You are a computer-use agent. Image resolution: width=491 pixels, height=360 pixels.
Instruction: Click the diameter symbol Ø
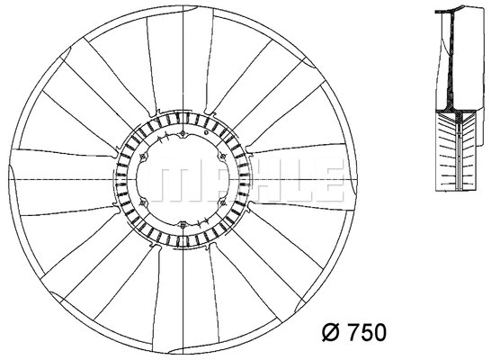(329, 334)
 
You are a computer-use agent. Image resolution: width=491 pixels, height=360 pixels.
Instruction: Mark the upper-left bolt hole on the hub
(143, 158)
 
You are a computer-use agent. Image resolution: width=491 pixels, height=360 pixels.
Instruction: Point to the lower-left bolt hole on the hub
(143, 203)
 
